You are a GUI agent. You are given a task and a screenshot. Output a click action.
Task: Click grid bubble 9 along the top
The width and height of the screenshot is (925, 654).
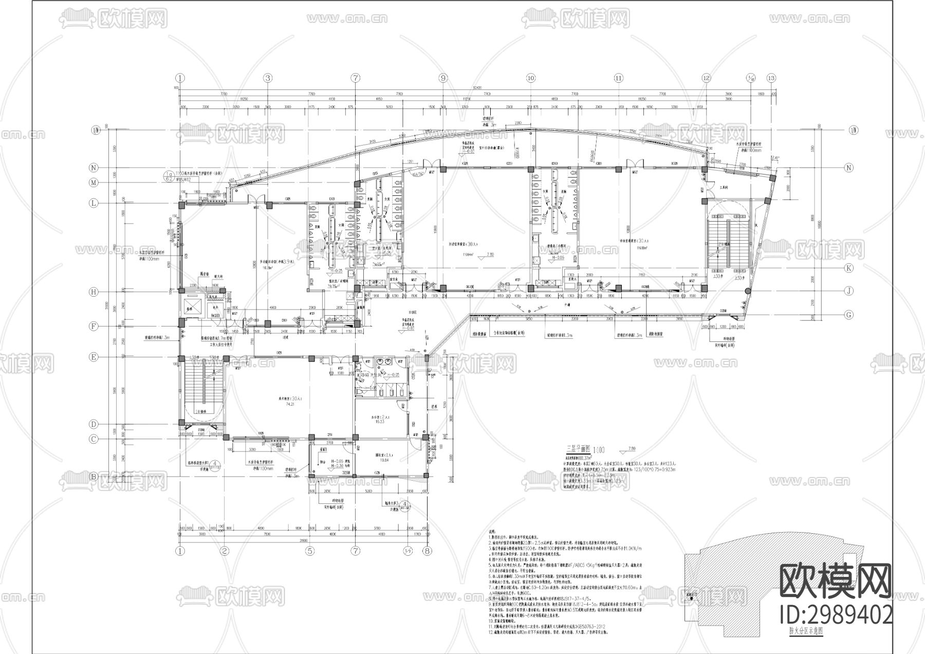[x=443, y=78]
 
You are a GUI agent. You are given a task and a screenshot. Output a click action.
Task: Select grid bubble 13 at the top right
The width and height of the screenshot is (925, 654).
[x=770, y=78]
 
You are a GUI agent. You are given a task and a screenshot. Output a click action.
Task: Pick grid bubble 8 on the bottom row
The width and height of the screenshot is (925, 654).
[x=426, y=551]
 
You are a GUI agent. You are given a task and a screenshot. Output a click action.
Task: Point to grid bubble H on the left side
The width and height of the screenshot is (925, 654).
[x=94, y=292]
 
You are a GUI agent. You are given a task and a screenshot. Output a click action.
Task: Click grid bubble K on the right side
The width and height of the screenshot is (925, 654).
[x=849, y=268]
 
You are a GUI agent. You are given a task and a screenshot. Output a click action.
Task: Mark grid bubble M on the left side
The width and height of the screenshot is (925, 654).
[x=94, y=183]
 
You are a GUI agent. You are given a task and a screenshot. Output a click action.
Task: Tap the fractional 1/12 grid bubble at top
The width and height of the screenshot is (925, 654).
[x=750, y=78]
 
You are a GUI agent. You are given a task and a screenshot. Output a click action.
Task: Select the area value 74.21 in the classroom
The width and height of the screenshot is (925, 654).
[x=290, y=405]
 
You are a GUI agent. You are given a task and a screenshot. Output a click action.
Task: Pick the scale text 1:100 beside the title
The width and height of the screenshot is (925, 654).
[x=601, y=449]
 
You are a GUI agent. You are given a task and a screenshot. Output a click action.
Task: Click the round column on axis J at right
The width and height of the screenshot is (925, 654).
[x=747, y=292]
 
